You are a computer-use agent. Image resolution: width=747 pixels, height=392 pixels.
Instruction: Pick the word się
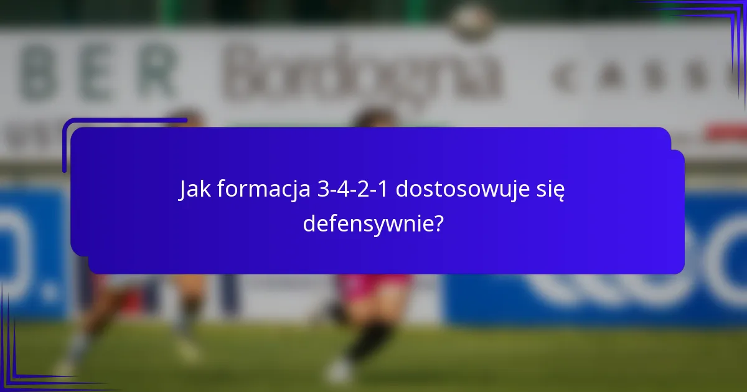tap(550, 189)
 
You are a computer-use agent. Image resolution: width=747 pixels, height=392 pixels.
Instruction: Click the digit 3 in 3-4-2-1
tap(322, 189)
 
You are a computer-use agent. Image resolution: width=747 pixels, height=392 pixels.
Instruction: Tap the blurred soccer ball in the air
tap(472, 21)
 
